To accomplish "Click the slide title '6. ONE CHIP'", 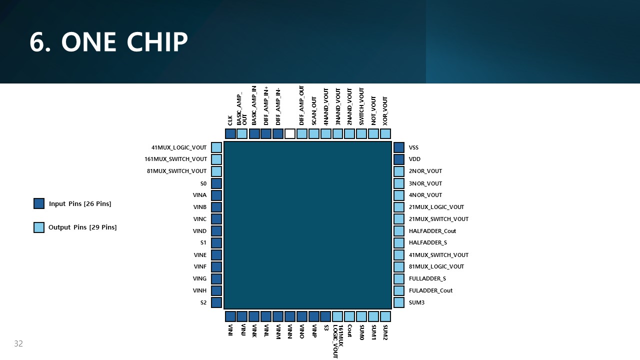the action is point(108,42).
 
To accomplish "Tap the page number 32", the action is point(18,343).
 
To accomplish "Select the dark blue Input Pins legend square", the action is point(39,203).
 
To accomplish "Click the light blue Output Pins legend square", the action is point(39,227).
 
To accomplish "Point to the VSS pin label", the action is point(413,147).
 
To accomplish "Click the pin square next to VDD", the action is point(399,159).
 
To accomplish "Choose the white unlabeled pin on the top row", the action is point(290,133).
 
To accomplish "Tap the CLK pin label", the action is point(230,120).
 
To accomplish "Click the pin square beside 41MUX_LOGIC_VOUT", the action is point(216,147).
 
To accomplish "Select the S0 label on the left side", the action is point(203,183).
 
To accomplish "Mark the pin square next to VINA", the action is point(216,195).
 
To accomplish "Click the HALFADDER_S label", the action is point(427,242).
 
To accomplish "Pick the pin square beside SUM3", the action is point(399,302).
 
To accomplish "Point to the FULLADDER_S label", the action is point(427,278).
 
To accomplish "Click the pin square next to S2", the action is point(216,302).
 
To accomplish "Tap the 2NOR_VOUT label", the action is point(425,171).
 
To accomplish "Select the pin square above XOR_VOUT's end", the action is point(385,133).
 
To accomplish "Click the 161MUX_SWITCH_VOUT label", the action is point(175,159).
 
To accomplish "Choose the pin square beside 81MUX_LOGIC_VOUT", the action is point(399,266).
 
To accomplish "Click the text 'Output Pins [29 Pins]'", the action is point(82,227).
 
